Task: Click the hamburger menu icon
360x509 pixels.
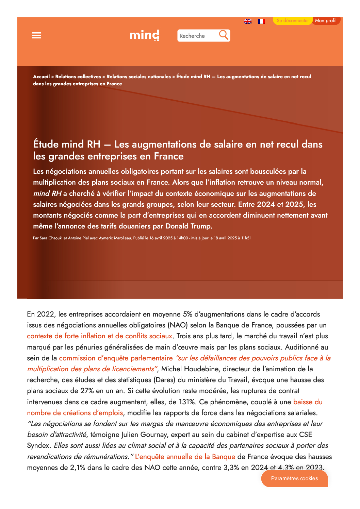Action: (x=36, y=35)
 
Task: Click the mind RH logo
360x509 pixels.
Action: (x=145, y=35)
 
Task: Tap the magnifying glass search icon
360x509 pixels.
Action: (x=224, y=35)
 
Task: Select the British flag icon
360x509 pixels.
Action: (x=248, y=21)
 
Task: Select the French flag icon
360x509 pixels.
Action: (x=261, y=21)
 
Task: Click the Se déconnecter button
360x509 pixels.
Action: (x=293, y=21)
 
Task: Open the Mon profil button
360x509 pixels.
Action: (x=326, y=21)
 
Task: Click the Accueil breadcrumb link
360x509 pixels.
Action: (x=41, y=77)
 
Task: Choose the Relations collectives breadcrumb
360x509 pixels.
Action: (x=78, y=77)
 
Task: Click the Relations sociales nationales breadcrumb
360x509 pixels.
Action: (x=138, y=77)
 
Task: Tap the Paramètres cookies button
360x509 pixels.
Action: (x=294, y=478)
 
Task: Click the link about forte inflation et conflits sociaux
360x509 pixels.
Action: (x=100, y=336)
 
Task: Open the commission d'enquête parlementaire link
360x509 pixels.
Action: (x=116, y=358)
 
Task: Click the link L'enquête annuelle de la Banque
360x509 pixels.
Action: (x=185, y=457)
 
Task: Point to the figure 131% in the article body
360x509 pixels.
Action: (x=186, y=402)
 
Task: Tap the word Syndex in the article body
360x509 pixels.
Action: (x=38, y=446)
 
